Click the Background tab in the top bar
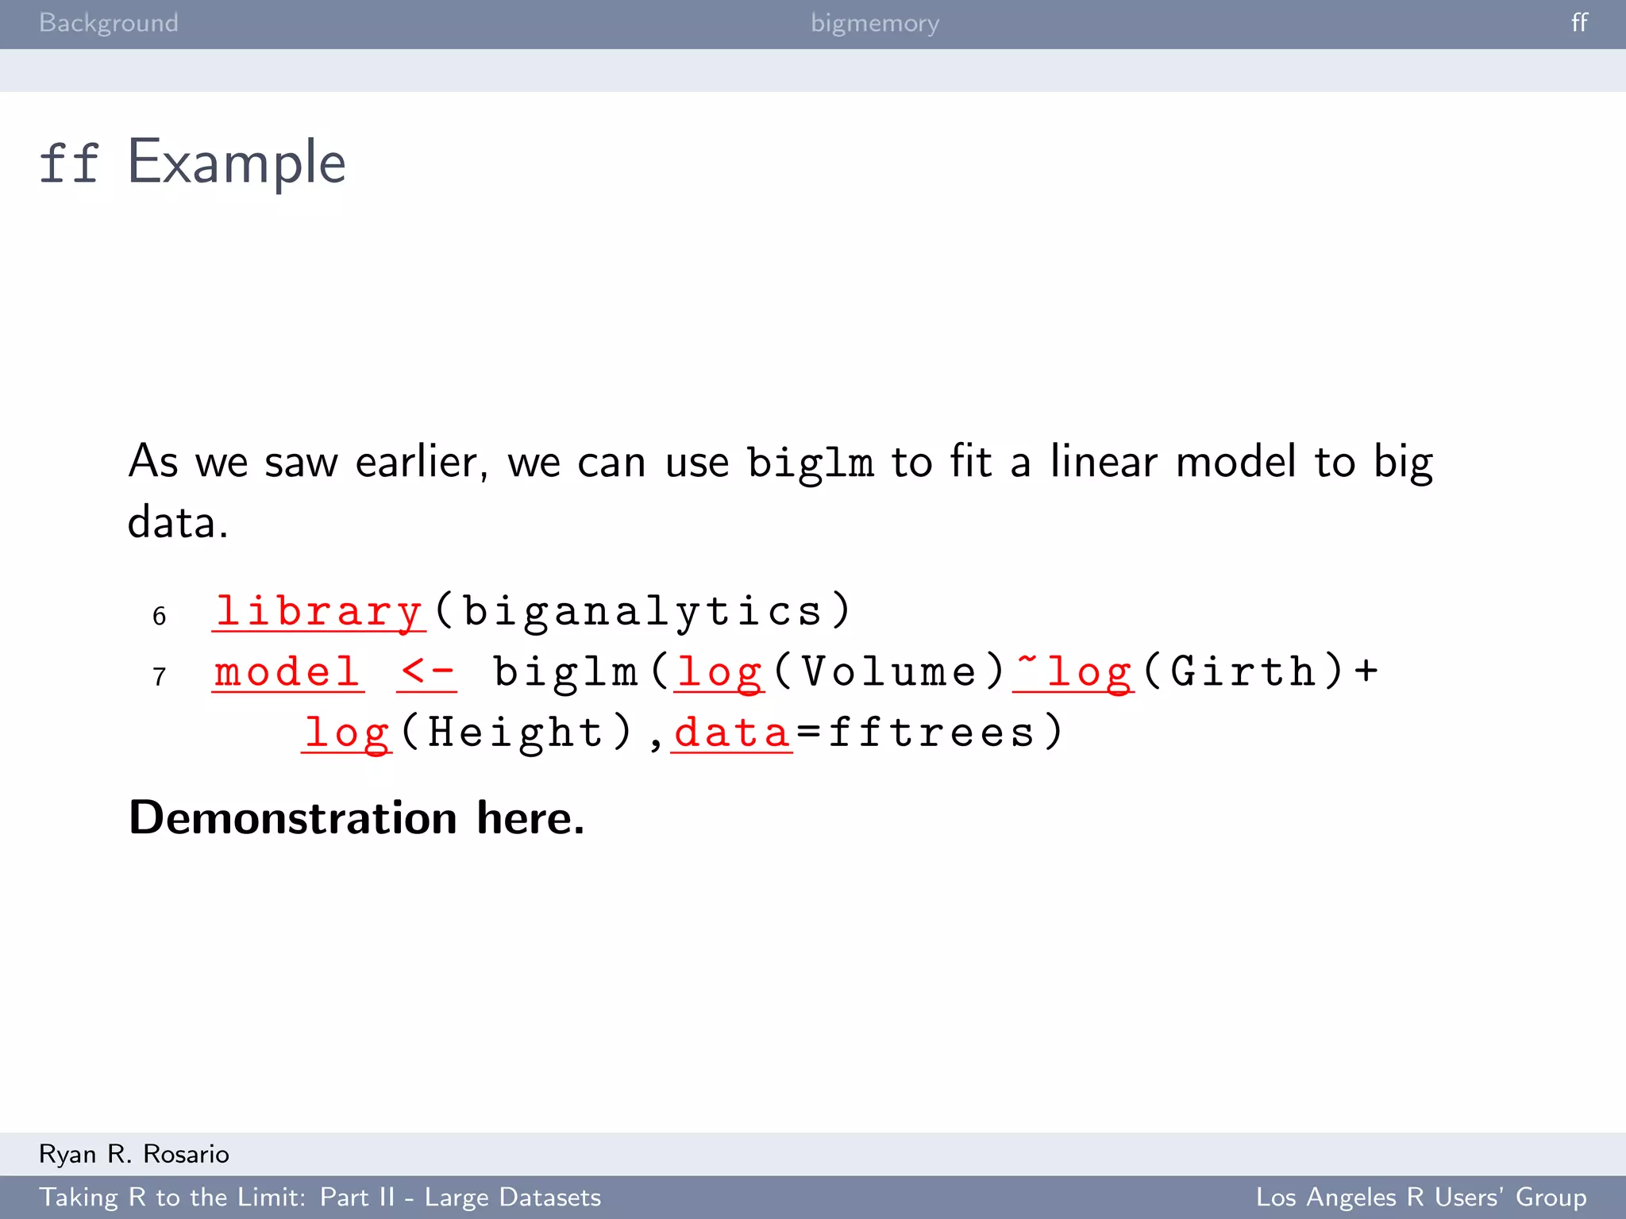click(x=109, y=23)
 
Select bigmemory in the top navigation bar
click(x=874, y=23)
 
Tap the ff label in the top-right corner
click(x=1579, y=22)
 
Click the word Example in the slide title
click(x=237, y=162)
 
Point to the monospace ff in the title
click(x=69, y=163)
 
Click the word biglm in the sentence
click(x=810, y=463)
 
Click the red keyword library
click(x=318, y=612)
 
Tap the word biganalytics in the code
click(x=642, y=612)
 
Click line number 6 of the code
click(x=160, y=616)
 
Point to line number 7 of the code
click(x=160, y=677)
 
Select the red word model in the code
click(x=287, y=672)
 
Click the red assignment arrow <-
click(x=427, y=672)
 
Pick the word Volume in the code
click(x=888, y=672)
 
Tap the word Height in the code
click(x=516, y=733)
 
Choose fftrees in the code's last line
click(x=932, y=733)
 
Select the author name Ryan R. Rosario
click(x=134, y=1154)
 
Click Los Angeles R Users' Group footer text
click(x=1420, y=1197)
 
